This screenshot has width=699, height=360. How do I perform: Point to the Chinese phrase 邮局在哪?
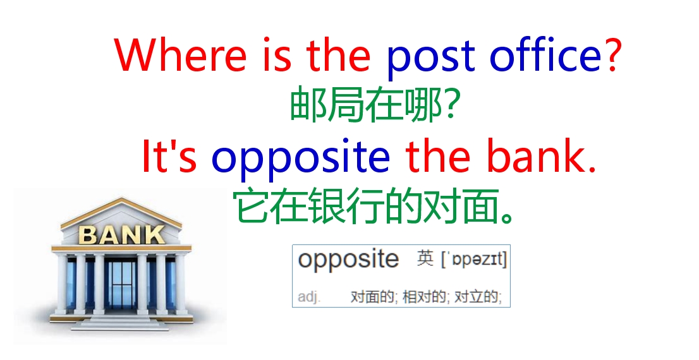click(x=373, y=106)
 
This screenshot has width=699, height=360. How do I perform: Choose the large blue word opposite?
click(x=301, y=159)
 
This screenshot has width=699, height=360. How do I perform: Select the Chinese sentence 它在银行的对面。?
click(x=373, y=207)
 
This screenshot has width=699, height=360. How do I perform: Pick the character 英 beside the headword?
click(x=425, y=259)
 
